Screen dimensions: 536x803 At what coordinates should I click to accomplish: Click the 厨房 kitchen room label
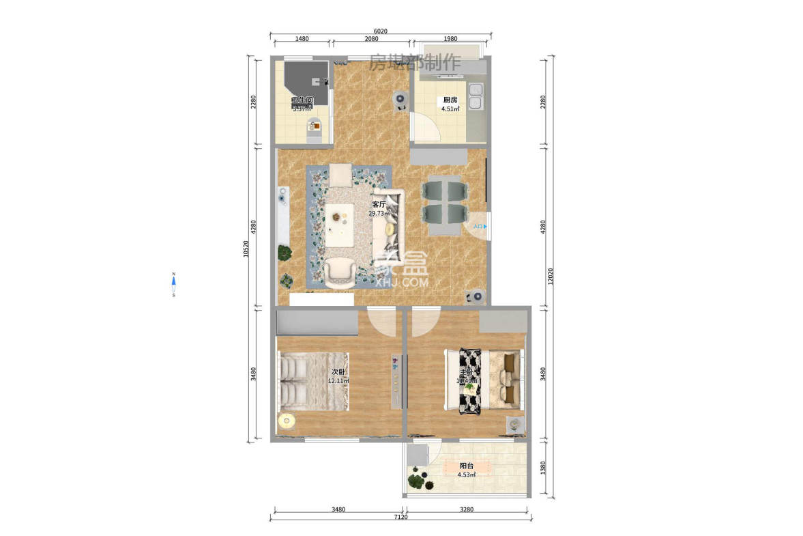449,100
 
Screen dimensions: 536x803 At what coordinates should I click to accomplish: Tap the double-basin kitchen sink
475,96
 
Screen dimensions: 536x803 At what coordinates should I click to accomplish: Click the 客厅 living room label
379,204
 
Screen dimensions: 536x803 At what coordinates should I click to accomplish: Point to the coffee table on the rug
339,225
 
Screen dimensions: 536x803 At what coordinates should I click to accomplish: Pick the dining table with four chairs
445,201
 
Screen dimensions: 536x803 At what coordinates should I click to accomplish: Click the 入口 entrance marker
480,226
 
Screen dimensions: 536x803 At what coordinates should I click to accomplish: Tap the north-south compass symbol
174,285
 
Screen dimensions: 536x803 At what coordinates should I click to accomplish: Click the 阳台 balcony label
467,466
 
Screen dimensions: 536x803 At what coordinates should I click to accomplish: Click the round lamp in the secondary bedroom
287,421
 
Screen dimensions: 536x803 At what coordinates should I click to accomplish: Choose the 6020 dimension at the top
381,31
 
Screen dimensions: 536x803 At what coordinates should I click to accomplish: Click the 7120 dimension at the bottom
400,517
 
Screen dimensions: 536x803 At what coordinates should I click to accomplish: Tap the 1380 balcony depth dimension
542,468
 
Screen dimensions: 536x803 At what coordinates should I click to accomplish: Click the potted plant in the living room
284,253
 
